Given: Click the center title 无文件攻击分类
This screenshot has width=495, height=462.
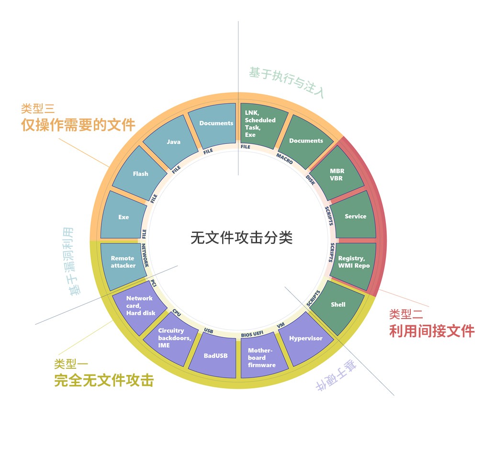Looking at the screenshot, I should [x=241, y=238].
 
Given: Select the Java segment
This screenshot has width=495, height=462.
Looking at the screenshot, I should [x=173, y=142].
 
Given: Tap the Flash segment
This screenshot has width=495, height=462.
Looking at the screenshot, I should [x=140, y=174].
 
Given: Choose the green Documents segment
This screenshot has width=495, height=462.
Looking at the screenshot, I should [x=306, y=141].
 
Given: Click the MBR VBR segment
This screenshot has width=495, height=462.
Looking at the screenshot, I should [x=337, y=175].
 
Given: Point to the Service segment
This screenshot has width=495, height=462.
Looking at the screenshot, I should [x=355, y=216].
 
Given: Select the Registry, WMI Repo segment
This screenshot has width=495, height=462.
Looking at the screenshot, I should [x=354, y=262].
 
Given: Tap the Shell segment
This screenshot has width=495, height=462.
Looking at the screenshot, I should [x=338, y=305].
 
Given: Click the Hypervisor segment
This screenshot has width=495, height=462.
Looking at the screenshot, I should [x=305, y=339].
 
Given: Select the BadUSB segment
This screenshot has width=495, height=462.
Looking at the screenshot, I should [x=215, y=356].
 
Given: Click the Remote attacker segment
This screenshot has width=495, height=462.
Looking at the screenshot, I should [x=123, y=262].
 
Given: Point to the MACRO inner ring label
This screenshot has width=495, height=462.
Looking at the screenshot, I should [x=284, y=158].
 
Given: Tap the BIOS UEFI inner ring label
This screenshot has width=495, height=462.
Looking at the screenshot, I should [x=252, y=333].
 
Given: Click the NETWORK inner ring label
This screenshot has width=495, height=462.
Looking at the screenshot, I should [x=145, y=255].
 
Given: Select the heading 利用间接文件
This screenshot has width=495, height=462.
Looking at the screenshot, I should [x=431, y=330].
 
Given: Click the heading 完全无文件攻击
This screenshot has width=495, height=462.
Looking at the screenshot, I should [x=104, y=380].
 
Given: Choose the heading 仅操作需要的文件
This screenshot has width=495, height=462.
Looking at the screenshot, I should [x=78, y=125].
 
